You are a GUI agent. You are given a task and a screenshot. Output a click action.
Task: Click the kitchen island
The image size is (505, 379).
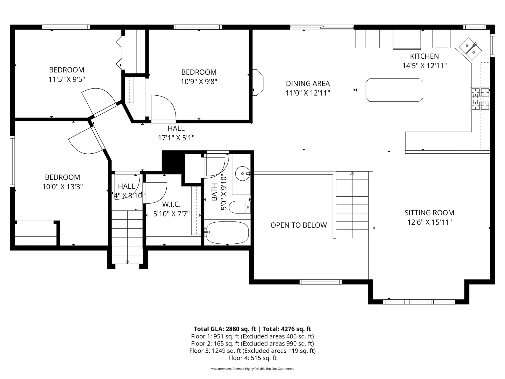(x=394, y=90)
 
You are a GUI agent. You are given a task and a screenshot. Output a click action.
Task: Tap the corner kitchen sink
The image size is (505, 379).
(x=471, y=49)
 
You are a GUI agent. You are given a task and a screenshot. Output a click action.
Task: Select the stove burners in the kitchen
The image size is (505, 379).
(x=480, y=99)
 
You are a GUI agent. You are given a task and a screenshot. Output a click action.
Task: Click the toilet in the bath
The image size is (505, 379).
(x=240, y=207)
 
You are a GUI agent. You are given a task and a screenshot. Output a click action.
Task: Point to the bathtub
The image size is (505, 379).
(x=227, y=232)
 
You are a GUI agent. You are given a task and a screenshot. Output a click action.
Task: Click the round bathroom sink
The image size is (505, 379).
(x=243, y=173)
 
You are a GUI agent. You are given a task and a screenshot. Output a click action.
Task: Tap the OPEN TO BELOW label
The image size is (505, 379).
(x=299, y=225)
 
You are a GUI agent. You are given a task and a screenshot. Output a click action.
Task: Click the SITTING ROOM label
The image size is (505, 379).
(x=429, y=213)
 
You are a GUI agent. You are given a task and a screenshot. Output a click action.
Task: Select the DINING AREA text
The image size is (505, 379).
(x=308, y=83)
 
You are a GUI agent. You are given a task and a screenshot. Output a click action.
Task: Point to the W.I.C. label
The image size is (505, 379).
(x=171, y=204)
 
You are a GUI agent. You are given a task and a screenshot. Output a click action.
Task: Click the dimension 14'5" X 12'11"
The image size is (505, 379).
(x=424, y=66)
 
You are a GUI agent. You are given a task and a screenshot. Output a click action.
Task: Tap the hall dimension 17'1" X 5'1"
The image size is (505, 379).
(x=176, y=138)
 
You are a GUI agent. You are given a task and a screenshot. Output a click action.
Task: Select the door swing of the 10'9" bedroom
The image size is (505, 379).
(x=163, y=108)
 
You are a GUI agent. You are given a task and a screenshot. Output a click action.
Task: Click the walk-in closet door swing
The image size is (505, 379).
(x=155, y=193)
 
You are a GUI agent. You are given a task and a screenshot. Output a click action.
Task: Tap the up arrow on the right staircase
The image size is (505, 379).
(x=352, y=174)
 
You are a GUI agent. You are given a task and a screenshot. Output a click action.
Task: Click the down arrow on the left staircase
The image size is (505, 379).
(x=127, y=262)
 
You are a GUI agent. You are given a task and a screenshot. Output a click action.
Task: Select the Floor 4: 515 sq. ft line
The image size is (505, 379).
(x=252, y=358)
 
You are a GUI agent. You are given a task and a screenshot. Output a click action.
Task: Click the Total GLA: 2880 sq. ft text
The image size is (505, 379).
(x=225, y=329)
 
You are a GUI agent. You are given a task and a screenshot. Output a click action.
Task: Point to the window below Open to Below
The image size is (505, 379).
(x=321, y=282)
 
